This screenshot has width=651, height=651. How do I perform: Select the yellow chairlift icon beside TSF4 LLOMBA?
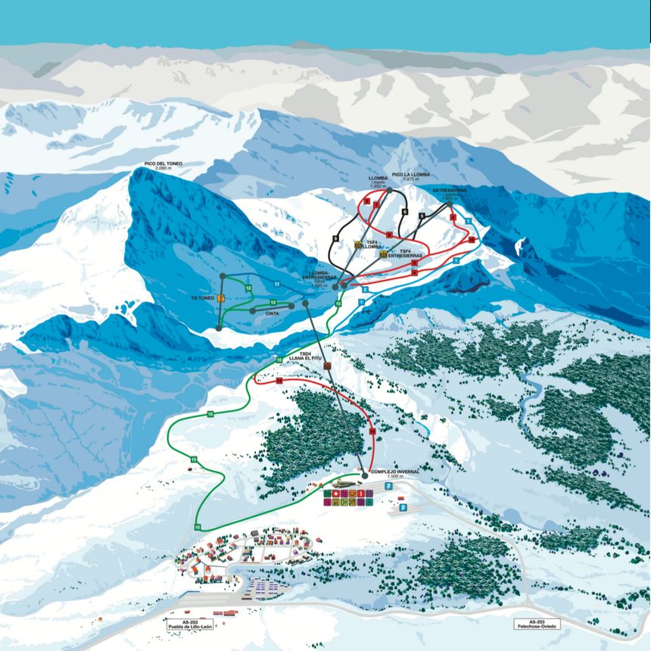358,245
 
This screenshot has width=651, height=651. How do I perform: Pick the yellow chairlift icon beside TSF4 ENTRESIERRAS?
383,254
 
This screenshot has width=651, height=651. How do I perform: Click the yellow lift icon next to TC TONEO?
221,298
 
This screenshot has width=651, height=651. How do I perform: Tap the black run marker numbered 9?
335,239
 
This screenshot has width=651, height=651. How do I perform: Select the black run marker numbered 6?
405,211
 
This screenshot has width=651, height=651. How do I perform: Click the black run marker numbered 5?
421,216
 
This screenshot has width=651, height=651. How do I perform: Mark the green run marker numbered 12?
248,288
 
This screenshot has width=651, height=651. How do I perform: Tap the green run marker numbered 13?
273,303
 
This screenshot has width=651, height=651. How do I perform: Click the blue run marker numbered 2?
365,289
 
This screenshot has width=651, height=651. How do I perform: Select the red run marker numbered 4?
415,271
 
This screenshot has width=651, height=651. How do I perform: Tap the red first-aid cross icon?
335,494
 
